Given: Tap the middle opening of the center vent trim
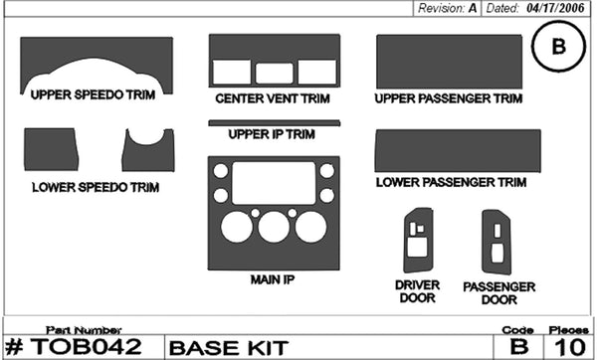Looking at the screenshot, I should point(272,73).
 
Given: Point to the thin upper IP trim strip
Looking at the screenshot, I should point(274,123).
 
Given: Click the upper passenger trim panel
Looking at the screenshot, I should point(448,62).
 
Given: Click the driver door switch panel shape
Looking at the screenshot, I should point(417,239).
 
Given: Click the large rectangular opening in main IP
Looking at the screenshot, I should point(273,183).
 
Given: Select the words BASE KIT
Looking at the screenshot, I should point(215,348).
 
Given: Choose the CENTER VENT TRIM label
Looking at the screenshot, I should point(272,100).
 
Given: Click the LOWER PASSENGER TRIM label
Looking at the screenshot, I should point(451,183).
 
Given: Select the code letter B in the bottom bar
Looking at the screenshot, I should point(517,347).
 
